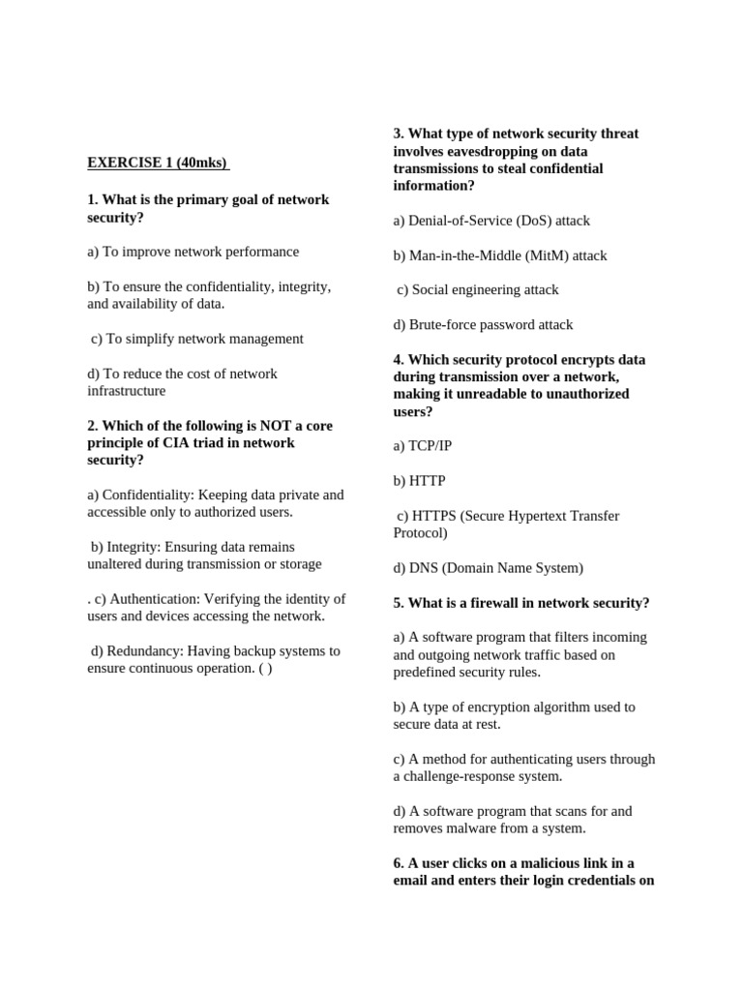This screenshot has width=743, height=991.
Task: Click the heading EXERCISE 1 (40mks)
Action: point(159,163)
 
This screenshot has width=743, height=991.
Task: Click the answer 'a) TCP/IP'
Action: point(423,446)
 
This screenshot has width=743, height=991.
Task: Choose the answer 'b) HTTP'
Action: point(419,481)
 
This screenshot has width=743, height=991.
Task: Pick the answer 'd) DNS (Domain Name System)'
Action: point(488,568)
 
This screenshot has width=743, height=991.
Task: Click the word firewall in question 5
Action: point(486,603)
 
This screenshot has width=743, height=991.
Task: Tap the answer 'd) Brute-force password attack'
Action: point(483,324)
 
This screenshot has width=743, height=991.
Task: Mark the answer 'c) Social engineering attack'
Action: point(478,289)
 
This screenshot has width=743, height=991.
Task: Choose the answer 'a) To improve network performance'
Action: point(193,252)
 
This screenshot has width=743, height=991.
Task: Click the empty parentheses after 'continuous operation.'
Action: point(266,669)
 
